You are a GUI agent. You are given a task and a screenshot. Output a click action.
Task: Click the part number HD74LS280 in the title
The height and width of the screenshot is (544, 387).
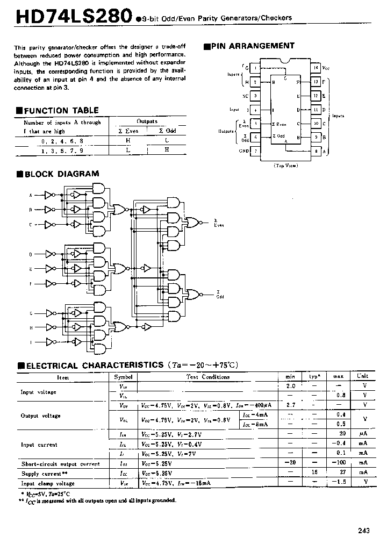point(73,17)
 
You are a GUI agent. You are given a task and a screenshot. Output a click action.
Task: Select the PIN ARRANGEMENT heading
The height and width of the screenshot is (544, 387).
point(253,46)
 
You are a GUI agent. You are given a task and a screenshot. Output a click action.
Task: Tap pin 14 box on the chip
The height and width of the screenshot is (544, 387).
point(316,68)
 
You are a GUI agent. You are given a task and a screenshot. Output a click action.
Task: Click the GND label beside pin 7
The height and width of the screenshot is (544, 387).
point(244,151)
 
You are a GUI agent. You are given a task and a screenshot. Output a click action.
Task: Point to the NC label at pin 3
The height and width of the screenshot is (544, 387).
point(245,95)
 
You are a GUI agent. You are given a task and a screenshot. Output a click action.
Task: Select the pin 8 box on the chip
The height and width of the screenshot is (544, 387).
point(316,151)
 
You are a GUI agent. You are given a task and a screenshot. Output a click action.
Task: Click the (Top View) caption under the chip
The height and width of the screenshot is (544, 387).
point(286,166)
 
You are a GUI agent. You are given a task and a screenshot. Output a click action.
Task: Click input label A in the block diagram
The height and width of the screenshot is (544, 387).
point(30,195)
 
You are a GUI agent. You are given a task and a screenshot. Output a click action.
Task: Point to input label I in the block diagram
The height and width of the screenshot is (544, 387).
point(30,342)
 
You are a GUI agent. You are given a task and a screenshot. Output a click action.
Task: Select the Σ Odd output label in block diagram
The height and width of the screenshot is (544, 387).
point(219,296)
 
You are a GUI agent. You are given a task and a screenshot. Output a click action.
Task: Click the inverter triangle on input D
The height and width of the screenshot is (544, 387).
point(49,254)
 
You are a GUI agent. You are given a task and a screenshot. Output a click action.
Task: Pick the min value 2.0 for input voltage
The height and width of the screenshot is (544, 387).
point(290,386)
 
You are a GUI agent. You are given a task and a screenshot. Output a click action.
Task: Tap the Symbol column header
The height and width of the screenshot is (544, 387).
point(123,377)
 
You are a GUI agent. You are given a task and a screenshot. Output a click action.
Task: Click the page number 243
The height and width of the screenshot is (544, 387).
point(363,531)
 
